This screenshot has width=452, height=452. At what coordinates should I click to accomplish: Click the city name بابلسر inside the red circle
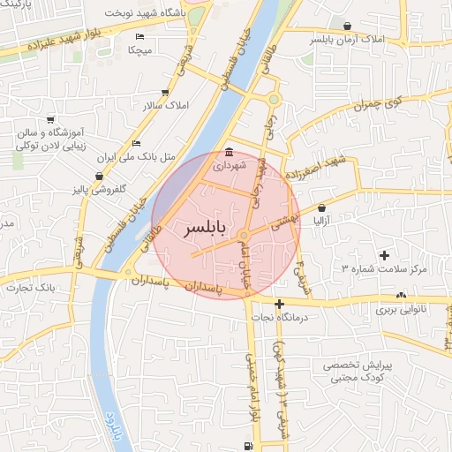[204, 230]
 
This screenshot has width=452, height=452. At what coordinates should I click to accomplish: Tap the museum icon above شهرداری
[230, 151]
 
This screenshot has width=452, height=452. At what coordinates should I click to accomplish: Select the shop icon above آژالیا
[320, 207]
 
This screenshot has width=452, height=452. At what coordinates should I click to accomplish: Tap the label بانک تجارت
[29, 288]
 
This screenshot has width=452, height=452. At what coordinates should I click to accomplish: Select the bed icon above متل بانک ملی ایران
[136, 143]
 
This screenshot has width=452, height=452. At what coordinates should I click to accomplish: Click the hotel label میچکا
[140, 50]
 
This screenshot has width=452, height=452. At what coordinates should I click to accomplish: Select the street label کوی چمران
[381, 105]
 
